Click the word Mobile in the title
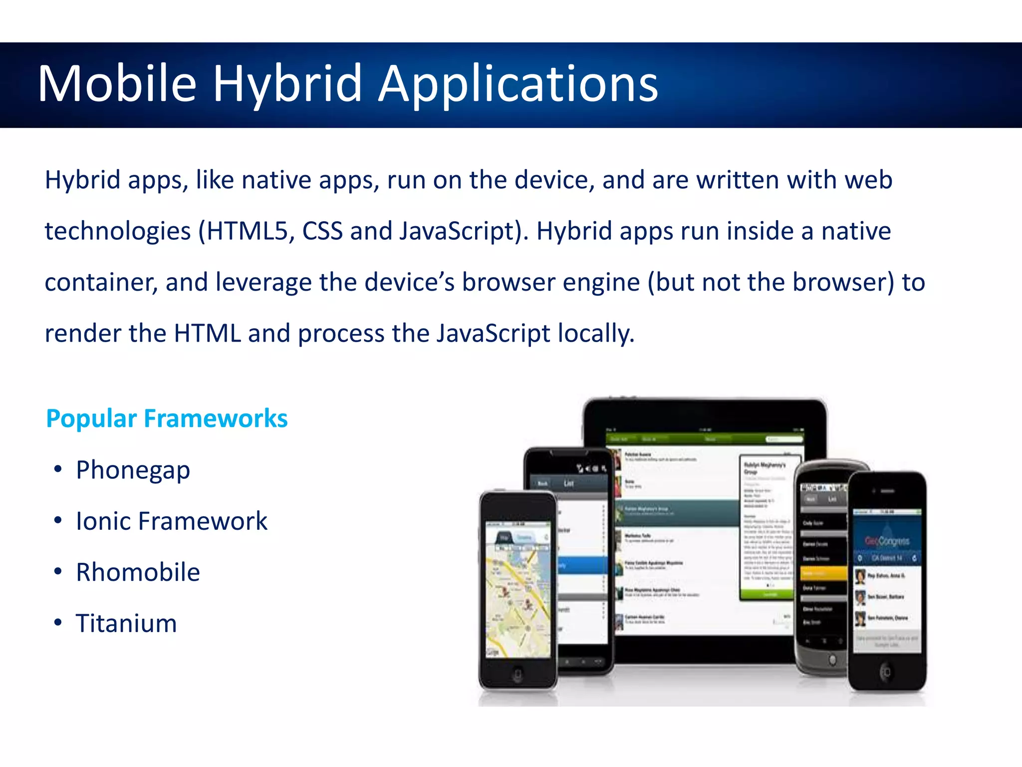click(x=117, y=84)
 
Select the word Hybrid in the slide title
click(x=287, y=84)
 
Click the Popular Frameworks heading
click(x=167, y=418)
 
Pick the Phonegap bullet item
click(x=133, y=470)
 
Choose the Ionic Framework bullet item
click(x=172, y=521)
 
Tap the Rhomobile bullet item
click(x=138, y=572)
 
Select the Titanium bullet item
click(x=126, y=623)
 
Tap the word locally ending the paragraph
click(x=595, y=334)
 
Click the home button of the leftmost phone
click(x=517, y=675)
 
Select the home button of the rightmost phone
click(x=886, y=672)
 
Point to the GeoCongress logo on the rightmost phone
click(x=887, y=541)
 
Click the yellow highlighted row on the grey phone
click(x=823, y=573)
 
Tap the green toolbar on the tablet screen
click(x=704, y=439)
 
